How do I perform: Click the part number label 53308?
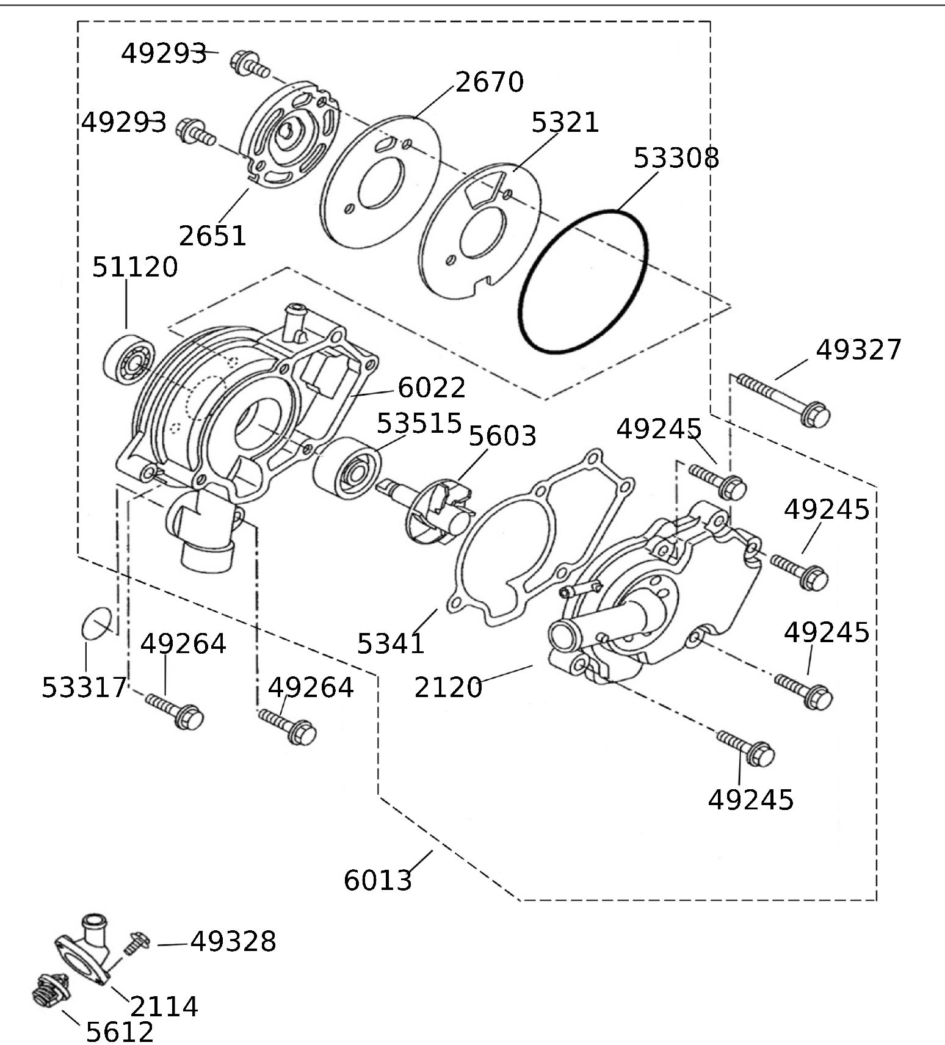pyautogui.click(x=676, y=157)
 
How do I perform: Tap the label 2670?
pyautogui.click(x=490, y=82)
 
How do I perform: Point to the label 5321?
pyautogui.click(x=565, y=122)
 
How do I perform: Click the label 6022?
pyautogui.click(x=432, y=387)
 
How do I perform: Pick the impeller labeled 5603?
pyautogui.click(x=441, y=510)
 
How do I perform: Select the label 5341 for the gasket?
pyautogui.click(x=391, y=643)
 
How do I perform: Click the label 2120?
pyautogui.click(x=448, y=687)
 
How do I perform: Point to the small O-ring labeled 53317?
pyautogui.click(x=96, y=624)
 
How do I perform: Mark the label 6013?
pyautogui.click(x=378, y=880)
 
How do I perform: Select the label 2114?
pyautogui.click(x=164, y=1007)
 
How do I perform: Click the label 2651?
pyautogui.click(x=212, y=236)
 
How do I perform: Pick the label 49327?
pyautogui.click(x=858, y=350)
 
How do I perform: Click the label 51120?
pyautogui.click(x=135, y=267)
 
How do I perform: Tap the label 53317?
pyautogui.click(x=84, y=688)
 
